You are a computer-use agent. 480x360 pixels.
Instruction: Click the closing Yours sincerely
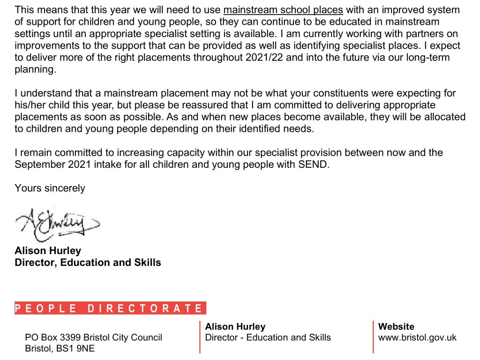50,188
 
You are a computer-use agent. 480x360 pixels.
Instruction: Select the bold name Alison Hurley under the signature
48,251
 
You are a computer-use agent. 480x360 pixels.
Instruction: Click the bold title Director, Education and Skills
88,262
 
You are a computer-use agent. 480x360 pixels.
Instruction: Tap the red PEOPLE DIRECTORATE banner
110,308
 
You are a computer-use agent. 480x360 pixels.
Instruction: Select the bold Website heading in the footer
396,327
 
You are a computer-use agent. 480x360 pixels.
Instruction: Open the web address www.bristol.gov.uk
417,337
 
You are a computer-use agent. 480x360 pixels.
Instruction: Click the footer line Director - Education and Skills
268,337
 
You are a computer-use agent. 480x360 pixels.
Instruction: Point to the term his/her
31,105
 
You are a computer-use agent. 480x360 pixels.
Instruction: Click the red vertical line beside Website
373,337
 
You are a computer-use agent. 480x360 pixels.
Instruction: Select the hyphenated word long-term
432,58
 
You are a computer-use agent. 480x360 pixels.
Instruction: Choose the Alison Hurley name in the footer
235,327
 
